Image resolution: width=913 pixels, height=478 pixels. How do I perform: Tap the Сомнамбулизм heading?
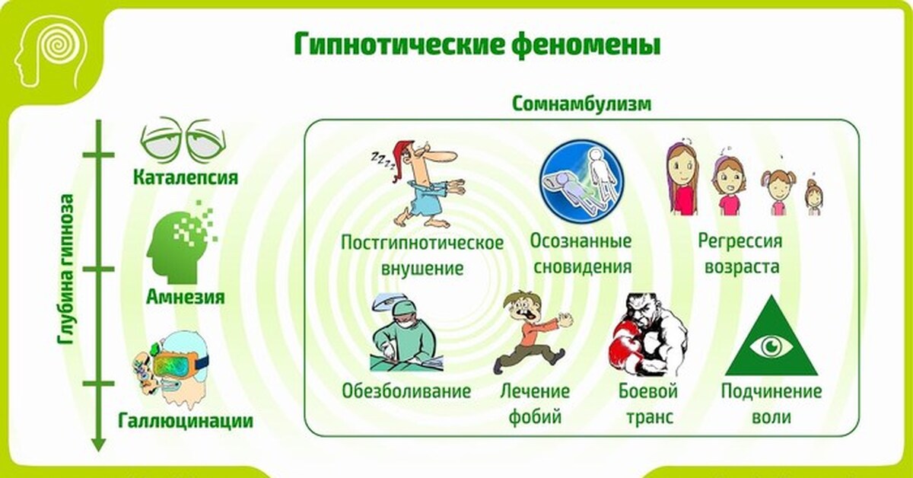tap(581, 104)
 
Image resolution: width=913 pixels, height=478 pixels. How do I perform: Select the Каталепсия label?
tap(186, 178)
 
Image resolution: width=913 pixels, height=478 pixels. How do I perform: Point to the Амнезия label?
tap(186, 297)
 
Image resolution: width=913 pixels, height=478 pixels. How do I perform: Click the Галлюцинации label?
tap(186, 421)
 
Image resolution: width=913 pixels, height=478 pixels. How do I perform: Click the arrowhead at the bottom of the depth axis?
tap(98, 445)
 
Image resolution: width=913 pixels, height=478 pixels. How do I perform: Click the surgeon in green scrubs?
tap(406, 333)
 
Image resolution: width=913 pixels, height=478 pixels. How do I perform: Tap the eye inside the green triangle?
tap(771, 346)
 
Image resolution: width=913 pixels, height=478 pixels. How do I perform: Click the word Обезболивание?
tap(406, 391)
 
